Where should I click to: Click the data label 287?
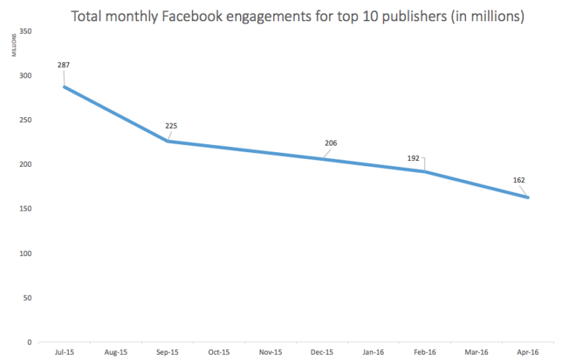pyautogui.click(x=64, y=66)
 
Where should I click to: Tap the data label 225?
pyautogui.click(x=171, y=125)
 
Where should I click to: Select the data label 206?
pyautogui.click(x=331, y=142)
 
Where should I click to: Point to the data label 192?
pyautogui.click(x=413, y=157)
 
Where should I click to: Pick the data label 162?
pyautogui.click(x=520, y=179)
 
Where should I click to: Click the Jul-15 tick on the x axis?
pyautogui.click(x=64, y=353)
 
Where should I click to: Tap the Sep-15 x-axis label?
pyautogui.click(x=167, y=353)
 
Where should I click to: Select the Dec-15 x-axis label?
pyautogui.click(x=321, y=353)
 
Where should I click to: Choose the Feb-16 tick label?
pyautogui.click(x=424, y=353)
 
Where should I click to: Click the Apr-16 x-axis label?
pyautogui.click(x=528, y=353)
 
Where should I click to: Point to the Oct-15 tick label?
pyautogui.click(x=218, y=353)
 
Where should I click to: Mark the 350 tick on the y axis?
pyautogui.click(x=26, y=31)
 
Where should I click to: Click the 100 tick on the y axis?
pyautogui.click(x=26, y=253)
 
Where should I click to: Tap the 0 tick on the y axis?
pyautogui.click(x=29, y=342)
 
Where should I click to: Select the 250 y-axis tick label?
pyautogui.click(x=26, y=120)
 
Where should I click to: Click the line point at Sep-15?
pyautogui.click(x=168, y=140)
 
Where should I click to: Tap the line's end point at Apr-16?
pyautogui.click(x=527, y=197)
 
